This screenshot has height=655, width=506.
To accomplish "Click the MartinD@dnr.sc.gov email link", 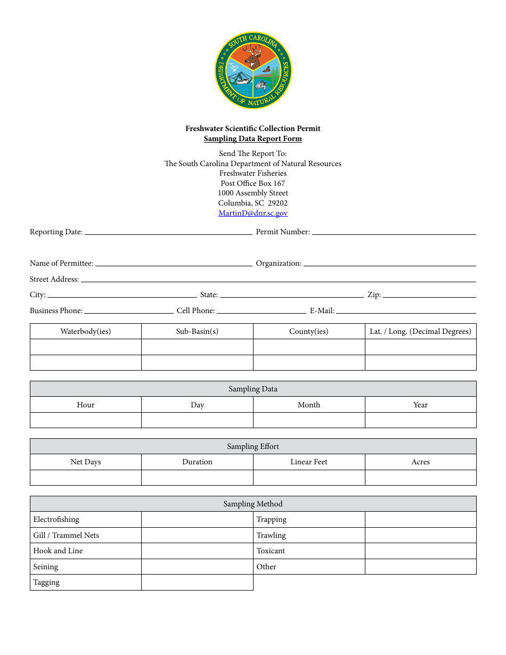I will pyautogui.click(x=252, y=213).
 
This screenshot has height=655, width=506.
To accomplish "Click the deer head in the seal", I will pyautogui.click(x=254, y=55).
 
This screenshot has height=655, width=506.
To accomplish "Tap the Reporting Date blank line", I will pyautogui.click(x=168, y=232).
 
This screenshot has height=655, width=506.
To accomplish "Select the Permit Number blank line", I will pyautogui.click(x=394, y=232).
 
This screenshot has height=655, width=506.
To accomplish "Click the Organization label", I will pyautogui.click(x=279, y=263).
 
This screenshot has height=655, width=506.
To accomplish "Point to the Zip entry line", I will pyautogui.click(x=429, y=295).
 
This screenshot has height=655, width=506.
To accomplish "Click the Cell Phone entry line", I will pyautogui.click(x=261, y=311).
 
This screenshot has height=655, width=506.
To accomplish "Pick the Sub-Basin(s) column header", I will pyautogui.click(x=197, y=331).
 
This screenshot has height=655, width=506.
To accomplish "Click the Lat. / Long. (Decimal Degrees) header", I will pyautogui.click(x=420, y=331).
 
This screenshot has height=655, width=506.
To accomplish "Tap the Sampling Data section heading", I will pyautogui.click(x=253, y=389).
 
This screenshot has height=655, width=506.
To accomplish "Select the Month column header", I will pyautogui.click(x=309, y=405).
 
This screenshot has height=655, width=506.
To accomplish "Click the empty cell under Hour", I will pyautogui.click(x=86, y=420).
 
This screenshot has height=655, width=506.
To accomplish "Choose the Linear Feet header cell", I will pyautogui.click(x=309, y=462).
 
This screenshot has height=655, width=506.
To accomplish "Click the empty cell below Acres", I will pyautogui.click(x=420, y=478).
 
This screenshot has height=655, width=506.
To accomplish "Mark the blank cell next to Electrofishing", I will pyautogui.click(x=197, y=520).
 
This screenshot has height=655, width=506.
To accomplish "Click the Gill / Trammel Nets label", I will pyautogui.click(x=66, y=535).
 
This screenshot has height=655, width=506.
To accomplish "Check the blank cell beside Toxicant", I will pyautogui.click(x=420, y=551).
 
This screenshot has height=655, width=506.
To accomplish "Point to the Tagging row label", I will pyautogui.click(x=46, y=582).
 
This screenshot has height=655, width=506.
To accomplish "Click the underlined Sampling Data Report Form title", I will pyautogui.click(x=252, y=138).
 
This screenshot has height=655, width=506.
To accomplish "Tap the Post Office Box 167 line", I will pyautogui.click(x=252, y=183).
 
